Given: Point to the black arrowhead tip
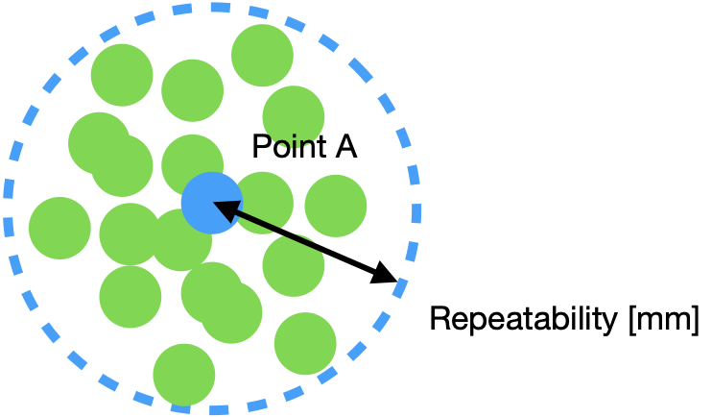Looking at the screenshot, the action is click(x=214, y=203).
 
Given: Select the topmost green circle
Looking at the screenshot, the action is click(x=262, y=55).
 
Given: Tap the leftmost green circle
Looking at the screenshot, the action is click(x=59, y=228).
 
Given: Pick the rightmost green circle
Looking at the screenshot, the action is click(x=336, y=205).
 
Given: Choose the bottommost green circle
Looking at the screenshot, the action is click(x=184, y=375).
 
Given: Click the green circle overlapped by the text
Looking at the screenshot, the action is click(x=294, y=116).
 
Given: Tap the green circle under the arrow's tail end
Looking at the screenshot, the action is click(x=294, y=266).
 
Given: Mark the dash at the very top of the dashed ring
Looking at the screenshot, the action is click(x=220, y=8).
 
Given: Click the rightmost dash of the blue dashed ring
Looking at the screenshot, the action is click(x=416, y=212).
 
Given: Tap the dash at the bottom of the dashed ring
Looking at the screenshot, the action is click(x=220, y=410).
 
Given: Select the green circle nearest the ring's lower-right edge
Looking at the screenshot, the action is click(x=305, y=343).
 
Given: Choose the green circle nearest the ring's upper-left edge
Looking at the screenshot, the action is click(x=122, y=74).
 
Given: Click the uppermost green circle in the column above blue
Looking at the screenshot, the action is click(x=192, y=90).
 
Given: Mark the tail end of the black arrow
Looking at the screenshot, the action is click(x=320, y=250).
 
